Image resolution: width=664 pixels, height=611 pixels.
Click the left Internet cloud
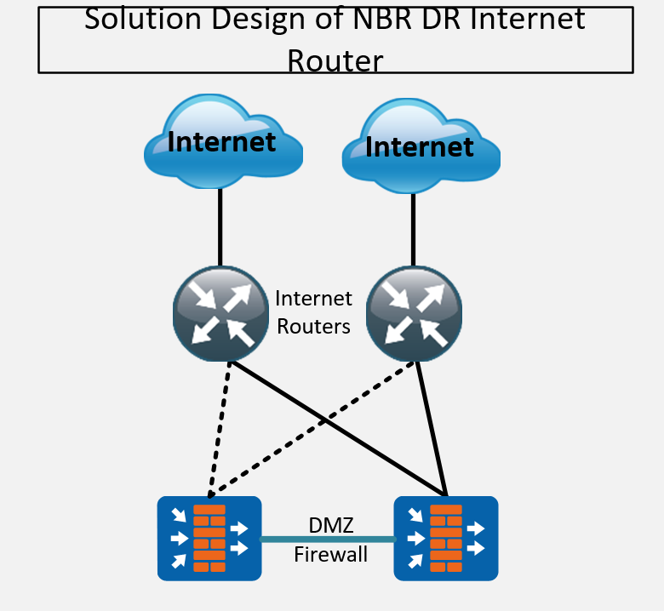pyautogui.click(x=223, y=141)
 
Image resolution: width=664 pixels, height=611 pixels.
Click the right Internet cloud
pyautogui.click(x=421, y=146)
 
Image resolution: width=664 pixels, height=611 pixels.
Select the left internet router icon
pyautogui.click(x=220, y=314)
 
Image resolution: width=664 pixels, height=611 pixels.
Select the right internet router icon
pyautogui.click(x=414, y=314)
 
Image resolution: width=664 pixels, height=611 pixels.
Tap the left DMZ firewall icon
pyautogui.click(x=209, y=538)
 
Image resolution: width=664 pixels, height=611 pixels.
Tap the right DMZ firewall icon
pyautogui.click(x=446, y=538)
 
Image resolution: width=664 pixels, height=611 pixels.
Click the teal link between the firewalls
pyautogui.click(x=328, y=539)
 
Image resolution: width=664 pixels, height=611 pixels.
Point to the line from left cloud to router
pyautogui.click(x=220, y=227)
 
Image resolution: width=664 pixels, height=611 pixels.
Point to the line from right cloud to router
pyautogui.click(x=414, y=230)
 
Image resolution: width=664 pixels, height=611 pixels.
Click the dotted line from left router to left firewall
pyautogui.click(x=219, y=429)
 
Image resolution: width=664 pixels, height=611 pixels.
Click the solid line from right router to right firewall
pyautogui.click(x=432, y=429)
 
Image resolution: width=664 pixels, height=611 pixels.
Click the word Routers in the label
pyautogui.click(x=313, y=327)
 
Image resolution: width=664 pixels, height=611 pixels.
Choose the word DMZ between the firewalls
pyautogui.click(x=331, y=525)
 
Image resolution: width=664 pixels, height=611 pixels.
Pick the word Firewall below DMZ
pyautogui.click(x=331, y=554)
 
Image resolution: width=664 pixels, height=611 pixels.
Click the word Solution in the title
pyautogui.click(x=143, y=19)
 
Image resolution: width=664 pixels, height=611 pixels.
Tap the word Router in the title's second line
pyautogui.click(x=335, y=61)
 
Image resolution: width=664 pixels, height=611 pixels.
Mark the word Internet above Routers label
pyautogui.click(x=313, y=299)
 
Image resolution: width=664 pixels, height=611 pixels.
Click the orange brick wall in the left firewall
pyautogui.click(x=209, y=538)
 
